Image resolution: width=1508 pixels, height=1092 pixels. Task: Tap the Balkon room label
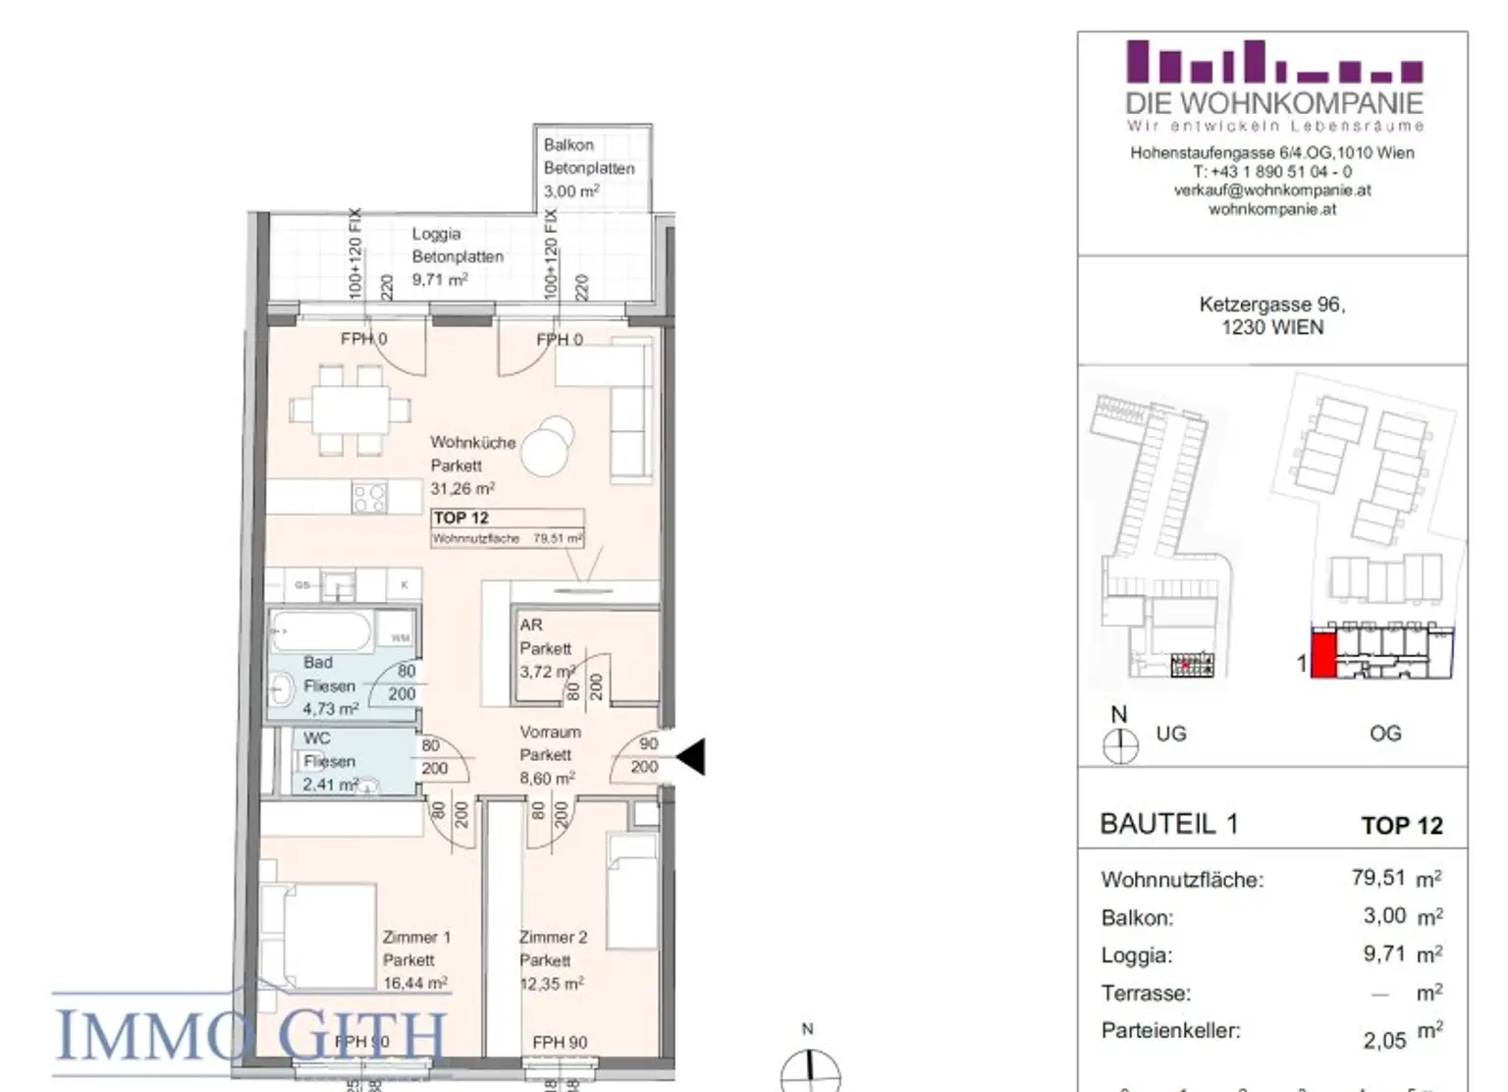[x=568, y=144]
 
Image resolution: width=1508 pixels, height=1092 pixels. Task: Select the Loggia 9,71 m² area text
[x=439, y=280]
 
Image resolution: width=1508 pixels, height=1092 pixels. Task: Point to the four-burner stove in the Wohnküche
[x=370, y=498]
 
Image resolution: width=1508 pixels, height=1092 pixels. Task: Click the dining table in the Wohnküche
[x=350, y=409]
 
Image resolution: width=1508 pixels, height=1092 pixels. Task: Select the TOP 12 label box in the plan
[x=508, y=527]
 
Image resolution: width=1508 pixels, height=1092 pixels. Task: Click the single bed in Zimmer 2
[x=633, y=892]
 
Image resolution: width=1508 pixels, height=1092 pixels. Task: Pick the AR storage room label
[x=531, y=625]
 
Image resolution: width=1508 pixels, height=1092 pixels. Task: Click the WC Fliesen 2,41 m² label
[x=330, y=761]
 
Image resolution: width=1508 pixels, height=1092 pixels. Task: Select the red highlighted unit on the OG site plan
[x=1323, y=655]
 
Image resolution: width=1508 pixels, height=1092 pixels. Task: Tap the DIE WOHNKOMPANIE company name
[x=1273, y=103]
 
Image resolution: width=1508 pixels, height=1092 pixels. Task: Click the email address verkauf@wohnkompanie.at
[x=1272, y=191]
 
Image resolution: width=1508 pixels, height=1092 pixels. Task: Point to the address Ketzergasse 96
[x=1271, y=304]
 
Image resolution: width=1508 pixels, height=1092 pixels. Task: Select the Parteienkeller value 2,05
[x=1384, y=1040]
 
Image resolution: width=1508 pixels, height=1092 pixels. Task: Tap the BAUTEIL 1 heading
[x=1168, y=824]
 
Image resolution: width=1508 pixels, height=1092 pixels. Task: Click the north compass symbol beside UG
[x=1120, y=746]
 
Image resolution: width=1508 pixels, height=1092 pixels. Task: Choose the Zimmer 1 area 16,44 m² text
[x=415, y=982]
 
